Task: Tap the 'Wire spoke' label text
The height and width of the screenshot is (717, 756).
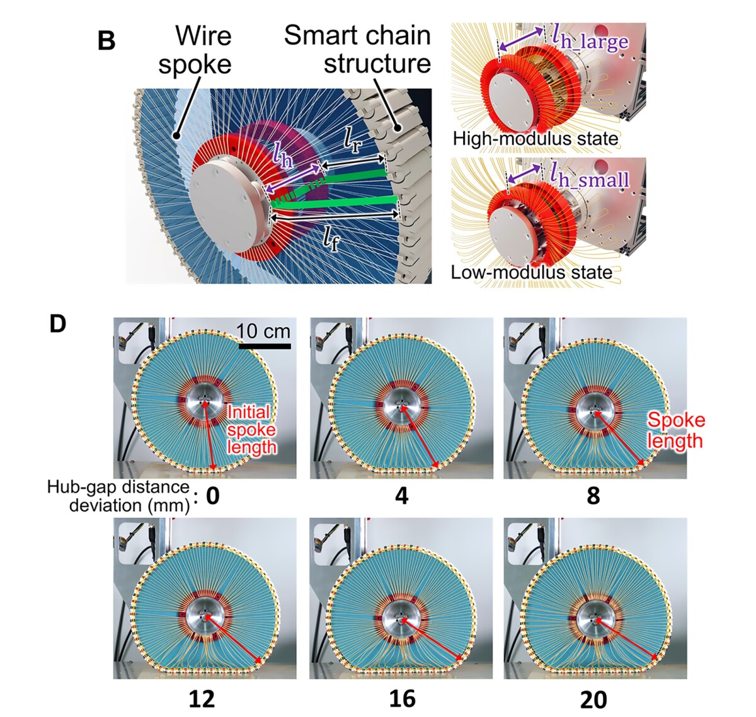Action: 195,50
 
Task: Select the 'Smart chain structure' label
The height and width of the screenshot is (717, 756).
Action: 357,49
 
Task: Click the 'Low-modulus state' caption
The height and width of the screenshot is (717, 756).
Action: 531,273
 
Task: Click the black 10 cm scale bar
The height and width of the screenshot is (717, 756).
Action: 265,346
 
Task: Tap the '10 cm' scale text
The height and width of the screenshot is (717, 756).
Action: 264,331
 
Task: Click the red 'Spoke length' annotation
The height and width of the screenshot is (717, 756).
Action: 675,430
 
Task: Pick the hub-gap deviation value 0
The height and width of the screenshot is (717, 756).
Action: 213,496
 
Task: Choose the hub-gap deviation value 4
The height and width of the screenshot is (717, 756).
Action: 401,496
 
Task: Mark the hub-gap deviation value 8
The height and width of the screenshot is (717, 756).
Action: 593,496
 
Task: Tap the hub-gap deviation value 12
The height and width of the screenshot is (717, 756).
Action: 202,699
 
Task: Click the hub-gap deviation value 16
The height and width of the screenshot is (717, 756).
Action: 402,699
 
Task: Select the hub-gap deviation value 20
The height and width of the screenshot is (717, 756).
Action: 593,699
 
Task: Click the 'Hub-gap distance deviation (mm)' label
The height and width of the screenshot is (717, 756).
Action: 118,496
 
